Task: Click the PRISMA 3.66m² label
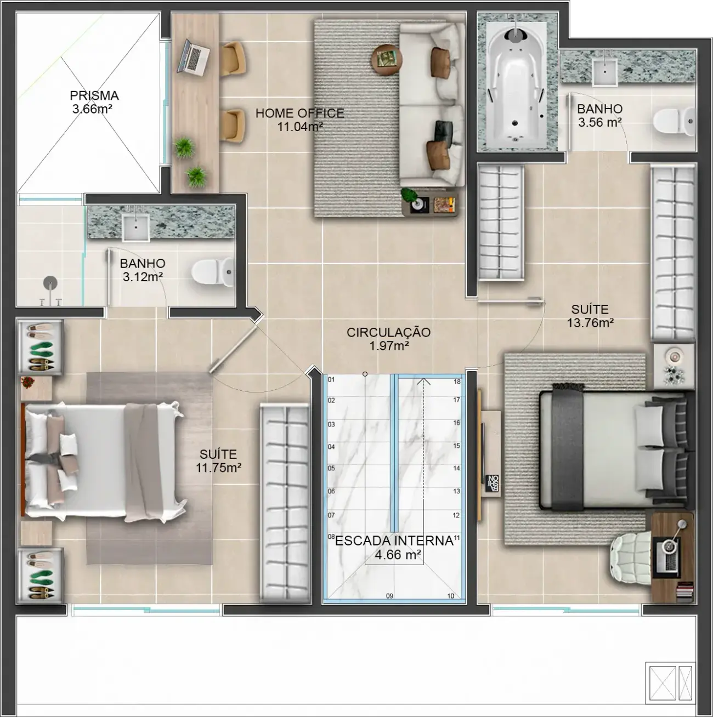click(x=94, y=102)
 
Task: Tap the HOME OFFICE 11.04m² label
click(x=299, y=119)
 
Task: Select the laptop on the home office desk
click(x=193, y=56)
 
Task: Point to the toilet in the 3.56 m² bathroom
click(x=674, y=121)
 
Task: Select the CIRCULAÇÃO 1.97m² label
click(x=389, y=339)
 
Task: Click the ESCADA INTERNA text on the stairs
click(x=394, y=541)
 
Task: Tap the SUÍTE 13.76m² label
click(x=590, y=316)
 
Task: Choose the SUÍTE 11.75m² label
click(x=218, y=460)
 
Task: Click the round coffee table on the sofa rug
click(x=387, y=60)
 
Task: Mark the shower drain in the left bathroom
click(x=50, y=283)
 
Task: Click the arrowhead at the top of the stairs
click(x=423, y=382)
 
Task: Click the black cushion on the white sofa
click(x=443, y=130)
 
